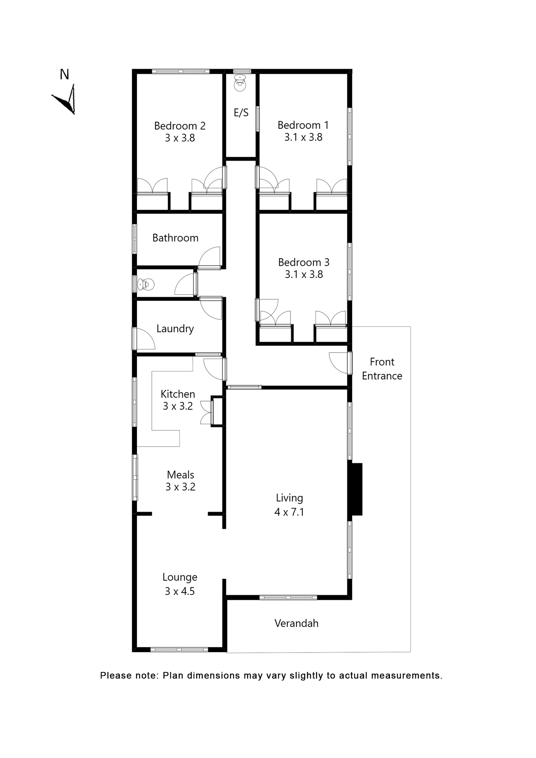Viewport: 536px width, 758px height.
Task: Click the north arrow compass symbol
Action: click(x=66, y=99)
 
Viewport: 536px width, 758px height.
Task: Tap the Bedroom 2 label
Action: click(x=180, y=126)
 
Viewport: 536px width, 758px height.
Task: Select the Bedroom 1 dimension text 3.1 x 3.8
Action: click(x=303, y=137)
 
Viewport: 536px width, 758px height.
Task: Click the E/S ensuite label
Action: click(x=241, y=113)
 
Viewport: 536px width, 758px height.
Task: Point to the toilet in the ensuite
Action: click(x=240, y=83)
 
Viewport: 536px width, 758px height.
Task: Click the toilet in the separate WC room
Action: click(x=146, y=284)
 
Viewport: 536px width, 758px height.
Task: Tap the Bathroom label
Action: click(x=175, y=238)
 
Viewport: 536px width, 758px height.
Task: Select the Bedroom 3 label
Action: click(x=304, y=263)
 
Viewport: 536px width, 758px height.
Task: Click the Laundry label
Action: click(x=175, y=329)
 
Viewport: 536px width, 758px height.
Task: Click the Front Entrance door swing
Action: click(x=339, y=362)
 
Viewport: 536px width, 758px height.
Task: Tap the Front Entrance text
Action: click(x=382, y=369)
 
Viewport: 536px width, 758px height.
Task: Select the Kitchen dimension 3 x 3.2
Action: click(x=178, y=406)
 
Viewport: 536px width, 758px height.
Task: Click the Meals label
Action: click(x=180, y=475)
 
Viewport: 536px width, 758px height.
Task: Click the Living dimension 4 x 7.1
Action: click(x=289, y=512)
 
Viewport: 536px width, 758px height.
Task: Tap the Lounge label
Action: click(x=180, y=577)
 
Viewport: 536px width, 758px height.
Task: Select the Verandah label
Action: click(x=296, y=623)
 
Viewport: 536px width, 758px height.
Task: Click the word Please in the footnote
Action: click(x=115, y=675)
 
